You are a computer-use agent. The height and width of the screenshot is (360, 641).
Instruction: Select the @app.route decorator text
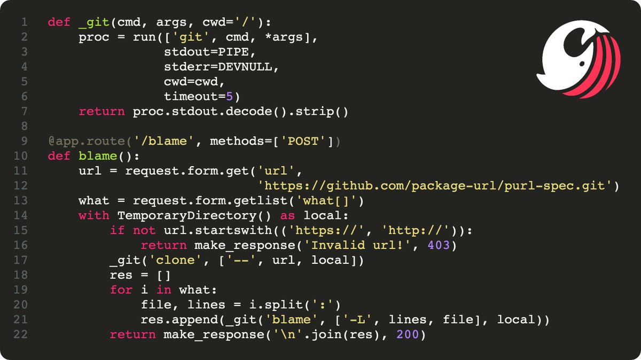(75, 142)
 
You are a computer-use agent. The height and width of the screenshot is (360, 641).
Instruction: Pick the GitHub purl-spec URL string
(436, 186)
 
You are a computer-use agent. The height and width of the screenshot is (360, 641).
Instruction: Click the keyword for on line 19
(121, 289)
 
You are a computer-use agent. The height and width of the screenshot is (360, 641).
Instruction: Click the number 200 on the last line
(413, 334)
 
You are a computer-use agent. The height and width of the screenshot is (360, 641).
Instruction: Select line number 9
(24, 142)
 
